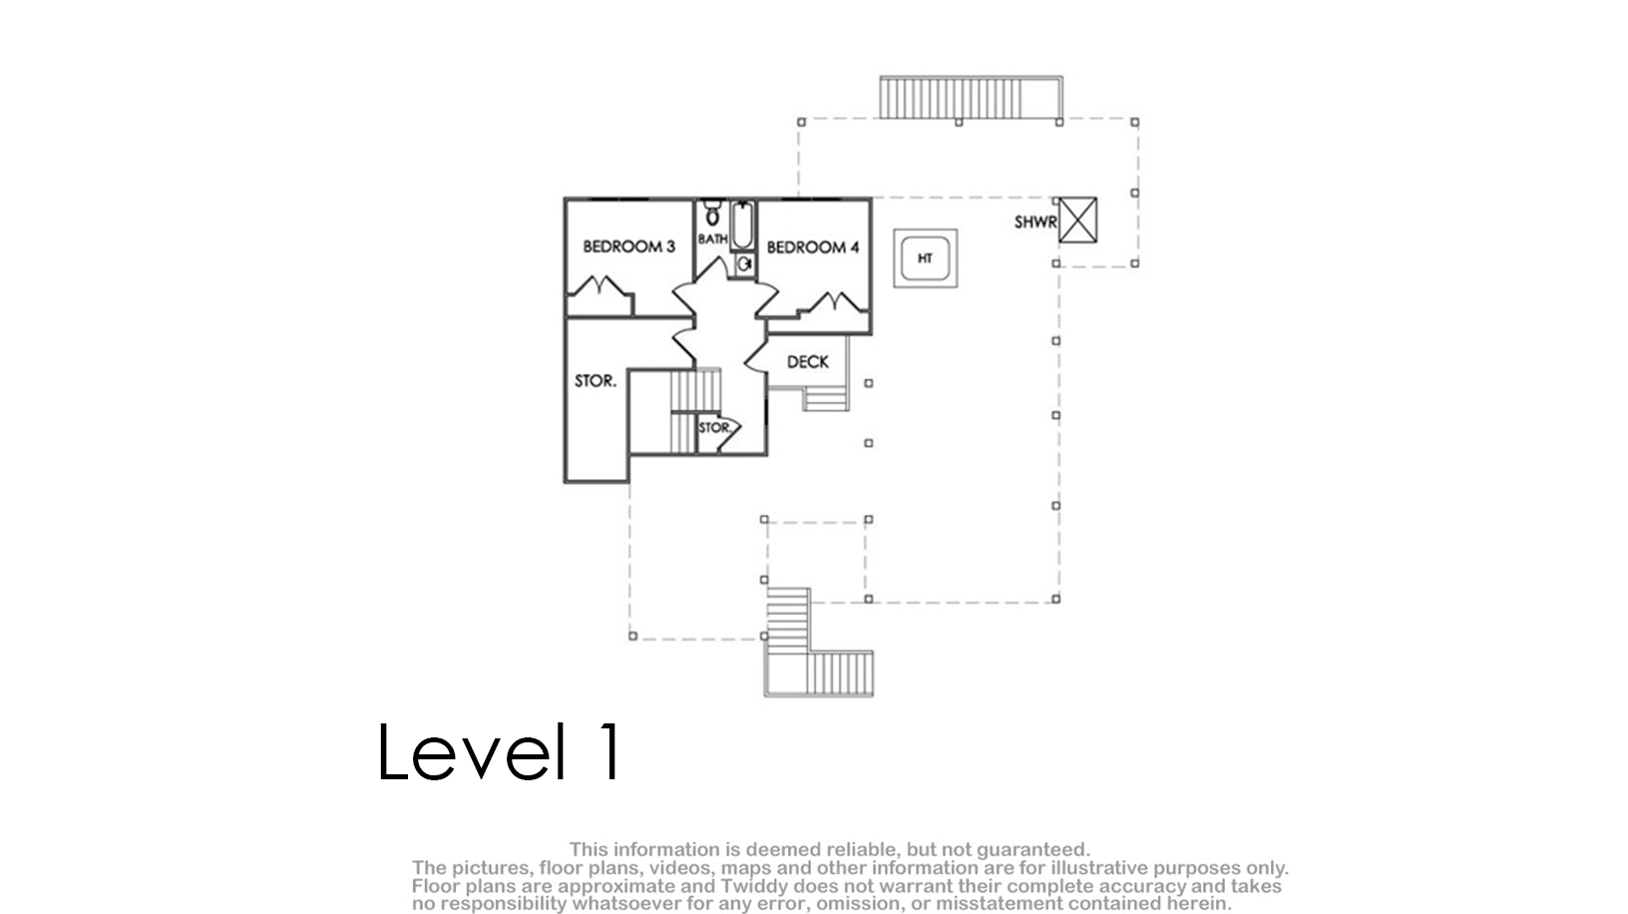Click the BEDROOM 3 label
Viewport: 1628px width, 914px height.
[x=628, y=246]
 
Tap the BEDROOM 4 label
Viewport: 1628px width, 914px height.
[x=813, y=247]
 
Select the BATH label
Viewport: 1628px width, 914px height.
[x=712, y=238]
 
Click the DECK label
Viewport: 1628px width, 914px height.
[x=807, y=361]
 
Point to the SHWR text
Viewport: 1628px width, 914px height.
[x=1035, y=222]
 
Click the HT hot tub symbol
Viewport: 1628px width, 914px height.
[x=925, y=258]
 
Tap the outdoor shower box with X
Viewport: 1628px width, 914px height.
[x=1077, y=220]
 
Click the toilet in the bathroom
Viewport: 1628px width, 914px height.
[x=713, y=214]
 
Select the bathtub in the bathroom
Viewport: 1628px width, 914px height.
[x=742, y=226]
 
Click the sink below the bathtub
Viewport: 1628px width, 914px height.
[x=744, y=264]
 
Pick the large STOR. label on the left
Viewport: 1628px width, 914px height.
[x=596, y=381]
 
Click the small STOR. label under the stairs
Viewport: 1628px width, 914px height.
[x=714, y=427]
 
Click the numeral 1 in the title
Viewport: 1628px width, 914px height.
[x=610, y=751]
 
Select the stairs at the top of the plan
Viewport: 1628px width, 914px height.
[x=971, y=98]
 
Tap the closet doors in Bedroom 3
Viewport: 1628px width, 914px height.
[x=599, y=285]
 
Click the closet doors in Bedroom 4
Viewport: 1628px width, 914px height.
[x=834, y=301]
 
